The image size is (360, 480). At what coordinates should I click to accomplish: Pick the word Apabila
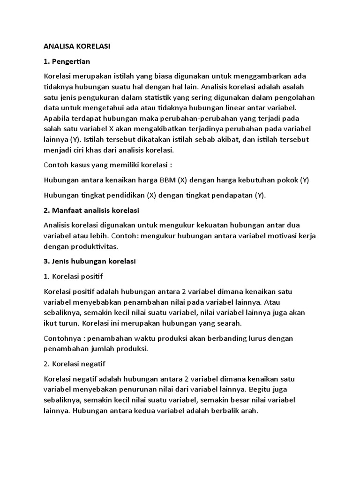(56, 118)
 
